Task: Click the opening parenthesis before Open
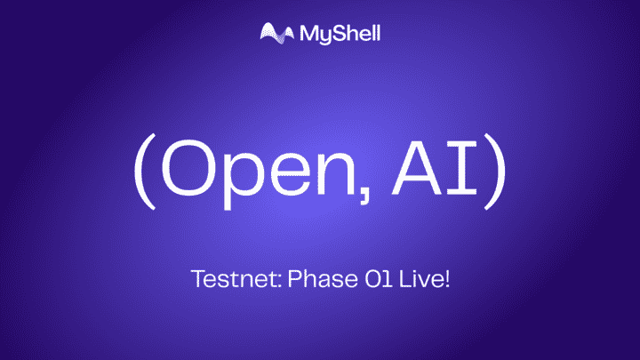click(x=144, y=172)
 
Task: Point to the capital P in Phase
click(x=273, y=281)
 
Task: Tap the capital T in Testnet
click(x=196, y=281)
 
